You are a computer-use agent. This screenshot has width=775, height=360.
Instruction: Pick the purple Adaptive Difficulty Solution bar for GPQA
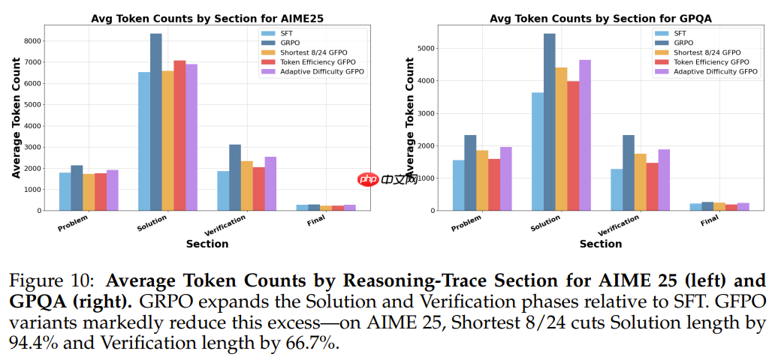584,135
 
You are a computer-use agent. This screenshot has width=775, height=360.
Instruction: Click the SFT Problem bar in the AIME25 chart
65,192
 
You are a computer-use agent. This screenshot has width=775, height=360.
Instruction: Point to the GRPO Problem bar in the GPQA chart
470,172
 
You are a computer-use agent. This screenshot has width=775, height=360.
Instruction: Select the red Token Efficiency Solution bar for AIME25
179,136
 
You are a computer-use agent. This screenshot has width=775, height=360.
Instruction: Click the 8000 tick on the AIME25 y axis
32,41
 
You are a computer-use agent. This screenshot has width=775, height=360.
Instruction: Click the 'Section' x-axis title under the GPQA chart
601,244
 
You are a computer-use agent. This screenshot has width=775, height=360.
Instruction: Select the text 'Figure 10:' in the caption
47,280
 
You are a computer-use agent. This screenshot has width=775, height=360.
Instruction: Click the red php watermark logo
368,179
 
